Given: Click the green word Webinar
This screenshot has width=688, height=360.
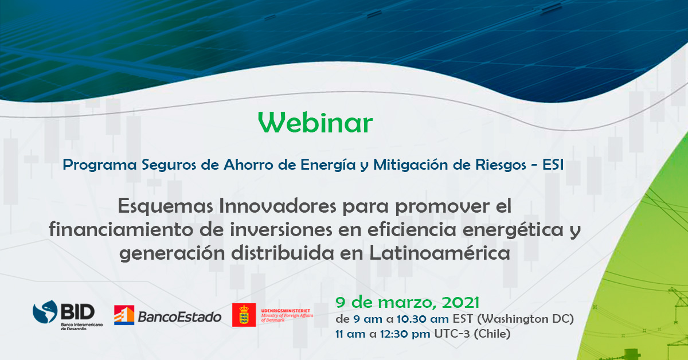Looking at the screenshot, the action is coord(315,122).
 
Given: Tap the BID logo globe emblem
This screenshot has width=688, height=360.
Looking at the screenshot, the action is coord(45,311).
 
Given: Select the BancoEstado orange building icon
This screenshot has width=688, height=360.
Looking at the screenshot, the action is coord(124,315).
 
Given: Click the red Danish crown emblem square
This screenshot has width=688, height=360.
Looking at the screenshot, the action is coord(244,315).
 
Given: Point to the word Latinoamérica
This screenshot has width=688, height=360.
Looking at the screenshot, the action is coord(440,253).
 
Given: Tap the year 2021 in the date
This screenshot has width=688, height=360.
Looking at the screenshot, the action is coord(460,303).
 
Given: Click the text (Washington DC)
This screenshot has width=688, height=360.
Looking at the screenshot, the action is coord(526,319).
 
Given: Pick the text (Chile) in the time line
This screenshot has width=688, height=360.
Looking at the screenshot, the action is coord(492,334).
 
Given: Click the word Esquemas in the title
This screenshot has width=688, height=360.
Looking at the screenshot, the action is coord(165,206).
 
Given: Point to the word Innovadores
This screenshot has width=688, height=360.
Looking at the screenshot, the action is coord(277,206).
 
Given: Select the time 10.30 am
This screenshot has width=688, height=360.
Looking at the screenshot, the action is coord(423,319).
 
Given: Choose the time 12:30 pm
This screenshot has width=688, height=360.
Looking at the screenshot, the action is coord(405,334).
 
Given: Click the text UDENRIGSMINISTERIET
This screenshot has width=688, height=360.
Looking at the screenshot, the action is coord(286,311).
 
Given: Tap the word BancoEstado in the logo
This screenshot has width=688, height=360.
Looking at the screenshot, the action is coord(179,317).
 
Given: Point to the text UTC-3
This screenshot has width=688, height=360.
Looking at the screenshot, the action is coord(452,334).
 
